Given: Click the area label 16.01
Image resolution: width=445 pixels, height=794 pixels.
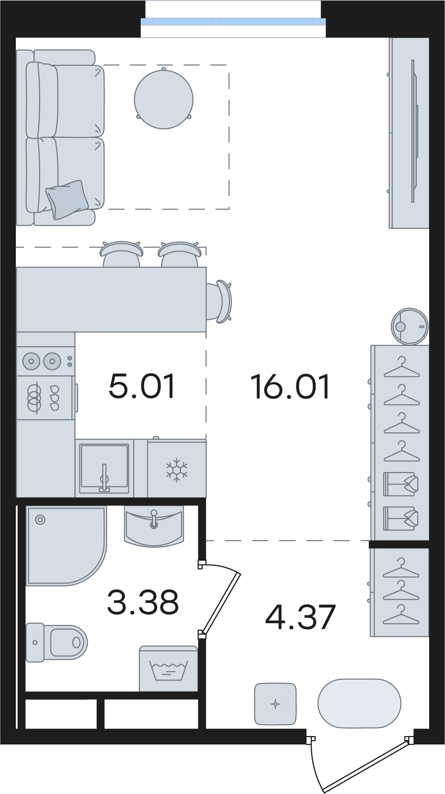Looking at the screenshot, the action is pos(290,387).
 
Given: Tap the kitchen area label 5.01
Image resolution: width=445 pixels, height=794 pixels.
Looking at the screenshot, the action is pos(142,387).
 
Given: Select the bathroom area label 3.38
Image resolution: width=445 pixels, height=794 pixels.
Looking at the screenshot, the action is pos(143,602).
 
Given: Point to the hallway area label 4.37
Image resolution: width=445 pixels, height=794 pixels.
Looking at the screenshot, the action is pos(300,618).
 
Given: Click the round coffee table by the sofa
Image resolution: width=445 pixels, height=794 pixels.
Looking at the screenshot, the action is pos(164,99).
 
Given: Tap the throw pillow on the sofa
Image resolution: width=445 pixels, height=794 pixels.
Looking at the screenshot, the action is pos(67,199).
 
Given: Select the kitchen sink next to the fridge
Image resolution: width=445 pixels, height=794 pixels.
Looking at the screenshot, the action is pos(104,469).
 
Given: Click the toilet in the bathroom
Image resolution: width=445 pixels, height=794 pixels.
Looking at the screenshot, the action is pos(56,642).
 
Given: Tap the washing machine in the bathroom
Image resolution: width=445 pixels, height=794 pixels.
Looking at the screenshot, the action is pos(168,669).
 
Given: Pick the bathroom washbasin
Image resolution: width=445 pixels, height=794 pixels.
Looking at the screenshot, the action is pos(154,526).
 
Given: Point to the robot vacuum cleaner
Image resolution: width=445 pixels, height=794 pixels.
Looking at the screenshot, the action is pos(410,326).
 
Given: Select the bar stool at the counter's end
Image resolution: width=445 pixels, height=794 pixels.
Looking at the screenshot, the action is pos(219,302).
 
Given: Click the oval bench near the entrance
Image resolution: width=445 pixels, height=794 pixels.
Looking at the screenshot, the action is pos(359,703).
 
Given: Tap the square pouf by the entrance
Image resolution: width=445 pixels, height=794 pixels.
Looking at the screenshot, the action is pos(275,704).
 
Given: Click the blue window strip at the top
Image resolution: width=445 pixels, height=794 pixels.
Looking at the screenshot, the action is pos(233,22).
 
